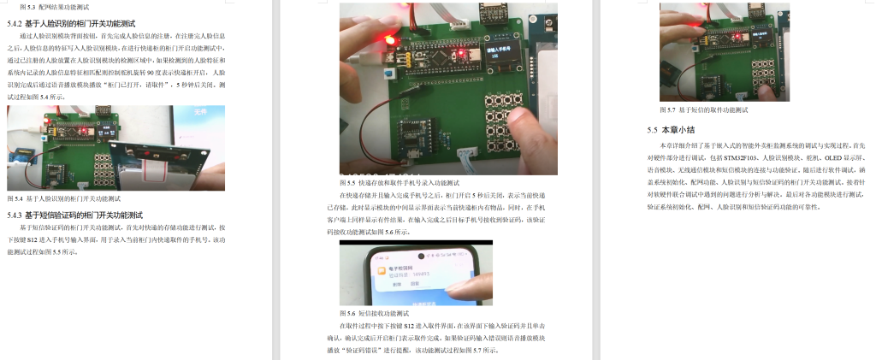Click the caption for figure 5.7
pyautogui.click(x=703, y=110)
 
